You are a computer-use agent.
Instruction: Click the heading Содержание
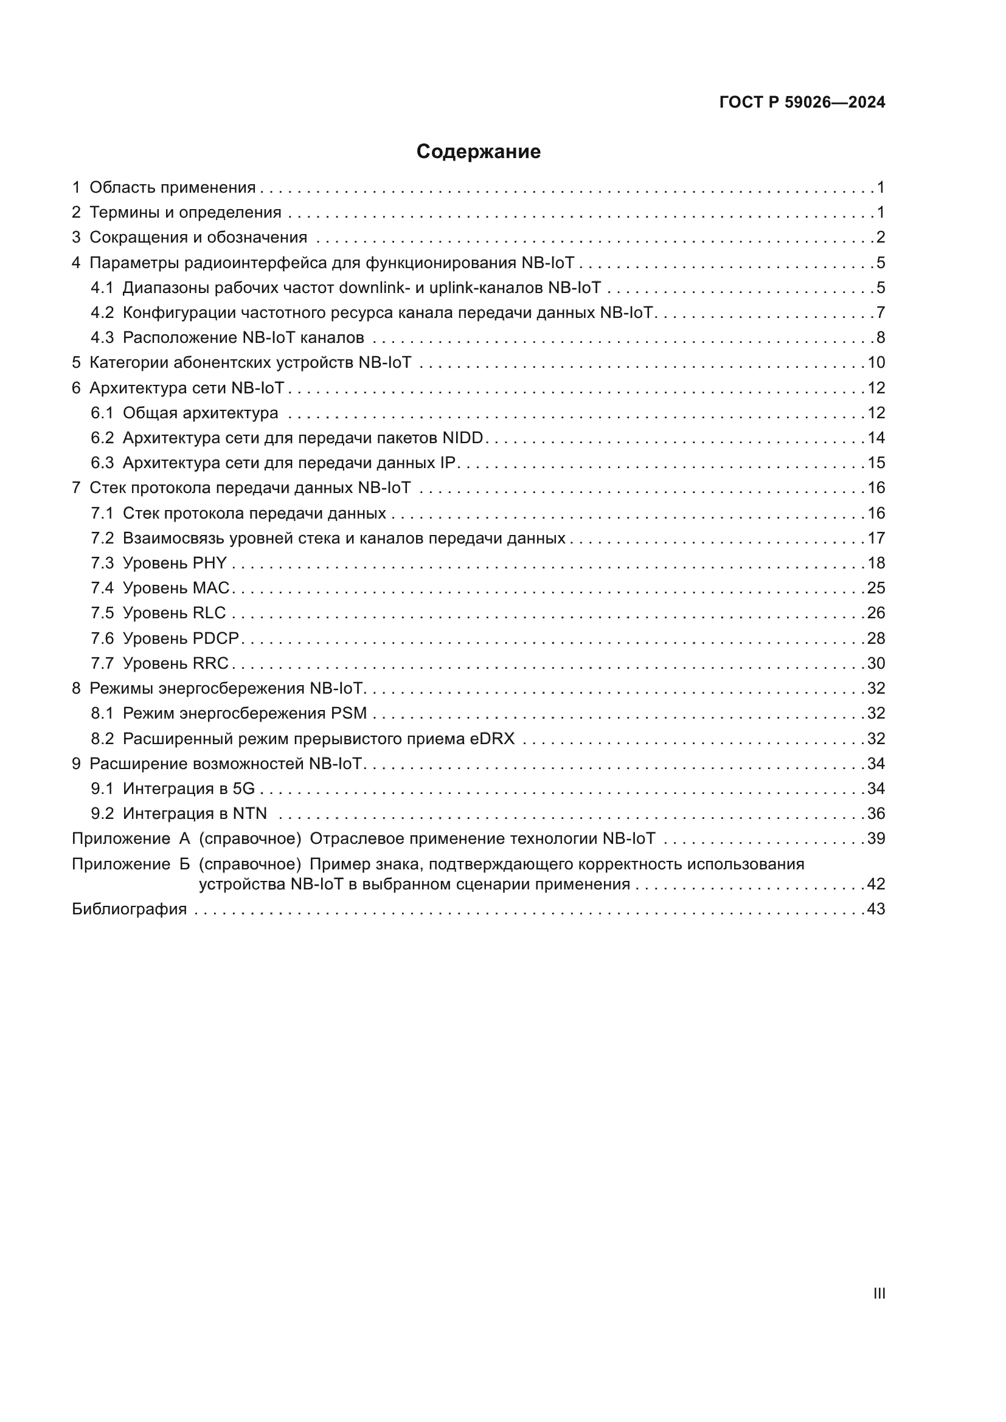click(478, 152)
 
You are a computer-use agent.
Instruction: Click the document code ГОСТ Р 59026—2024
click(802, 102)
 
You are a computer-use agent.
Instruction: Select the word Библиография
click(130, 908)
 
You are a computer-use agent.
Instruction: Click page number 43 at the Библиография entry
click(876, 908)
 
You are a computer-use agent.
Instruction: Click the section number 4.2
click(102, 312)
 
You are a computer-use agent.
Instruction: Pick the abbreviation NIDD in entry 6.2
click(463, 438)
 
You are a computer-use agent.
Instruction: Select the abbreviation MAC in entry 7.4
click(211, 588)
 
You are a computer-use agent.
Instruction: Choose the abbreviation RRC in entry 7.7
click(210, 663)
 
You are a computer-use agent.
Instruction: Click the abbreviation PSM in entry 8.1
click(349, 713)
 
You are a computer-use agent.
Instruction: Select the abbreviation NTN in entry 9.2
click(249, 813)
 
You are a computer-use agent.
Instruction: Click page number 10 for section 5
click(876, 362)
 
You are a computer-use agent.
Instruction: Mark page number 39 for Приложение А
click(876, 838)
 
